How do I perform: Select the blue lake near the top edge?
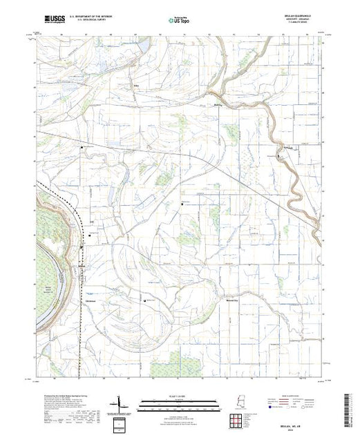coord(144,46)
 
